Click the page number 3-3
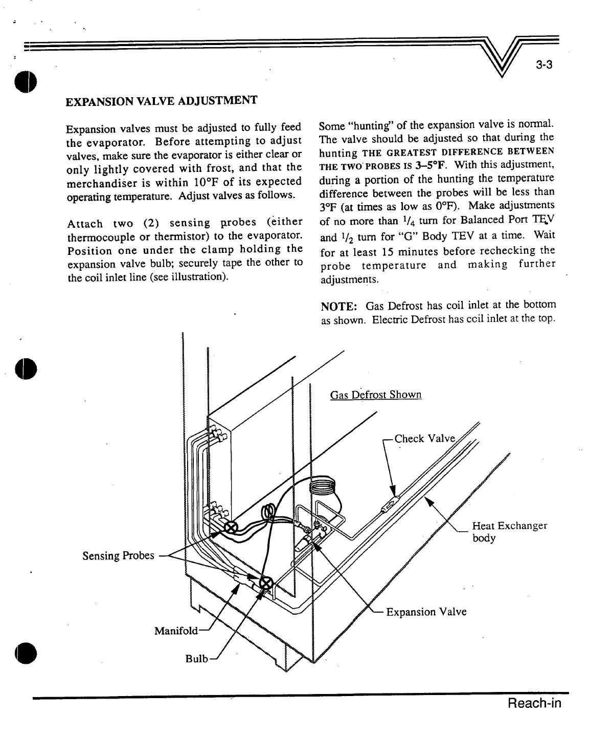coord(545,65)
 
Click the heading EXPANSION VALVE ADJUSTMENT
coord(161,100)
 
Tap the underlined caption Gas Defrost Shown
coord(376,395)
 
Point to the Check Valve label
coord(424,439)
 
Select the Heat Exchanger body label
coord(509,532)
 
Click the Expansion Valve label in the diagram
coord(426,612)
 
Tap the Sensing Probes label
coord(118,555)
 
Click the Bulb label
coord(196,659)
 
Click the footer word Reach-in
coord(534,703)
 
